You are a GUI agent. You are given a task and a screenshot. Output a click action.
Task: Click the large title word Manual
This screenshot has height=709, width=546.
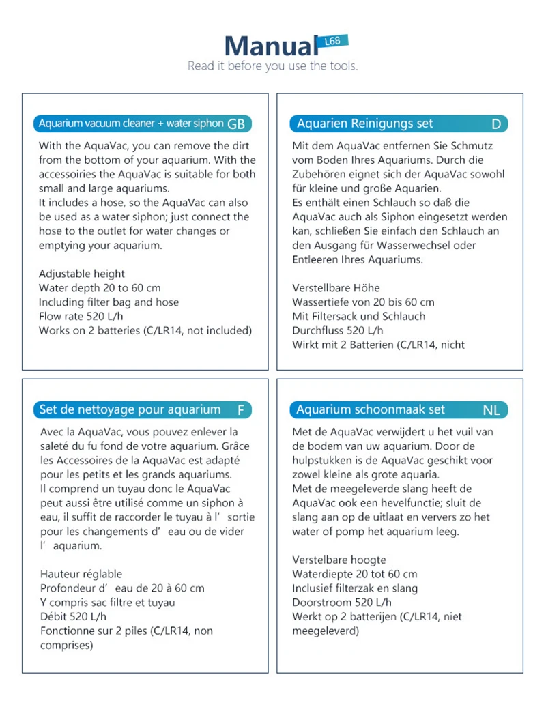(x=271, y=46)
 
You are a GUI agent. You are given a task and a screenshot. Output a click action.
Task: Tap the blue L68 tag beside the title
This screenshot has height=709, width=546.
(x=334, y=42)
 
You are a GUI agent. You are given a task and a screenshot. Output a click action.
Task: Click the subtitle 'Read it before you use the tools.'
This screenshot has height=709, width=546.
(x=272, y=66)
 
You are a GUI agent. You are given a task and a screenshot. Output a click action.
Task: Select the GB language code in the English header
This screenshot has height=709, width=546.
(x=236, y=124)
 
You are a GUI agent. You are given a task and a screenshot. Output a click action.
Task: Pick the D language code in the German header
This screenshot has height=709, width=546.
(x=496, y=124)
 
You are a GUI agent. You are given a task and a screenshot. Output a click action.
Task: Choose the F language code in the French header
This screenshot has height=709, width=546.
(x=240, y=410)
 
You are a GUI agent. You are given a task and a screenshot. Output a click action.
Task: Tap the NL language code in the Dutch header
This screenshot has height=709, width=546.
(x=491, y=410)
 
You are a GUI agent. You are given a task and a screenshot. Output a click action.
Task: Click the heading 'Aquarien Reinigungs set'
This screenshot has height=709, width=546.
(x=364, y=124)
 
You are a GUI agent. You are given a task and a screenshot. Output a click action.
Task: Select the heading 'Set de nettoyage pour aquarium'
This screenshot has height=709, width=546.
(x=130, y=409)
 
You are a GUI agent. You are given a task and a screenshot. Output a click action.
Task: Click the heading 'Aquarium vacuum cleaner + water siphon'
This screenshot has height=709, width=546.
(x=131, y=124)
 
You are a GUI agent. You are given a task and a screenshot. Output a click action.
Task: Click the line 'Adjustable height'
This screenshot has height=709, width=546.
(x=82, y=274)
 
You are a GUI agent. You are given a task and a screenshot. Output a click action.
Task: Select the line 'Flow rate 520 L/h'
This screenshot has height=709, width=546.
(x=81, y=317)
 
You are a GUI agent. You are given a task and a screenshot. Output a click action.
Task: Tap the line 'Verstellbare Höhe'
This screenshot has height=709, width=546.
(x=336, y=288)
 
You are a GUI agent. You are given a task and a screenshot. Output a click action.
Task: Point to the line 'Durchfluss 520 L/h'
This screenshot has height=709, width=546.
(x=337, y=331)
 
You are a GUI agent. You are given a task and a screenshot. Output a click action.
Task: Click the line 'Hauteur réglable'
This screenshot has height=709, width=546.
(x=81, y=574)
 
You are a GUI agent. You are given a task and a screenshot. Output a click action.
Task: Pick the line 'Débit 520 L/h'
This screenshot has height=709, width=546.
(x=73, y=617)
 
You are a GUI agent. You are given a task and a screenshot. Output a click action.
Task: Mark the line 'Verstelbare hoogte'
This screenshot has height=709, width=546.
(x=339, y=560)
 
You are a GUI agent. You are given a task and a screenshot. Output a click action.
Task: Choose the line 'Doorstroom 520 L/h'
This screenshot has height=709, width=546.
(x=342, y=603)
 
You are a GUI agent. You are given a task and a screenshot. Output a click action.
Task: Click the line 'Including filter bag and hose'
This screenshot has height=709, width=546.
(x=109, y=302)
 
